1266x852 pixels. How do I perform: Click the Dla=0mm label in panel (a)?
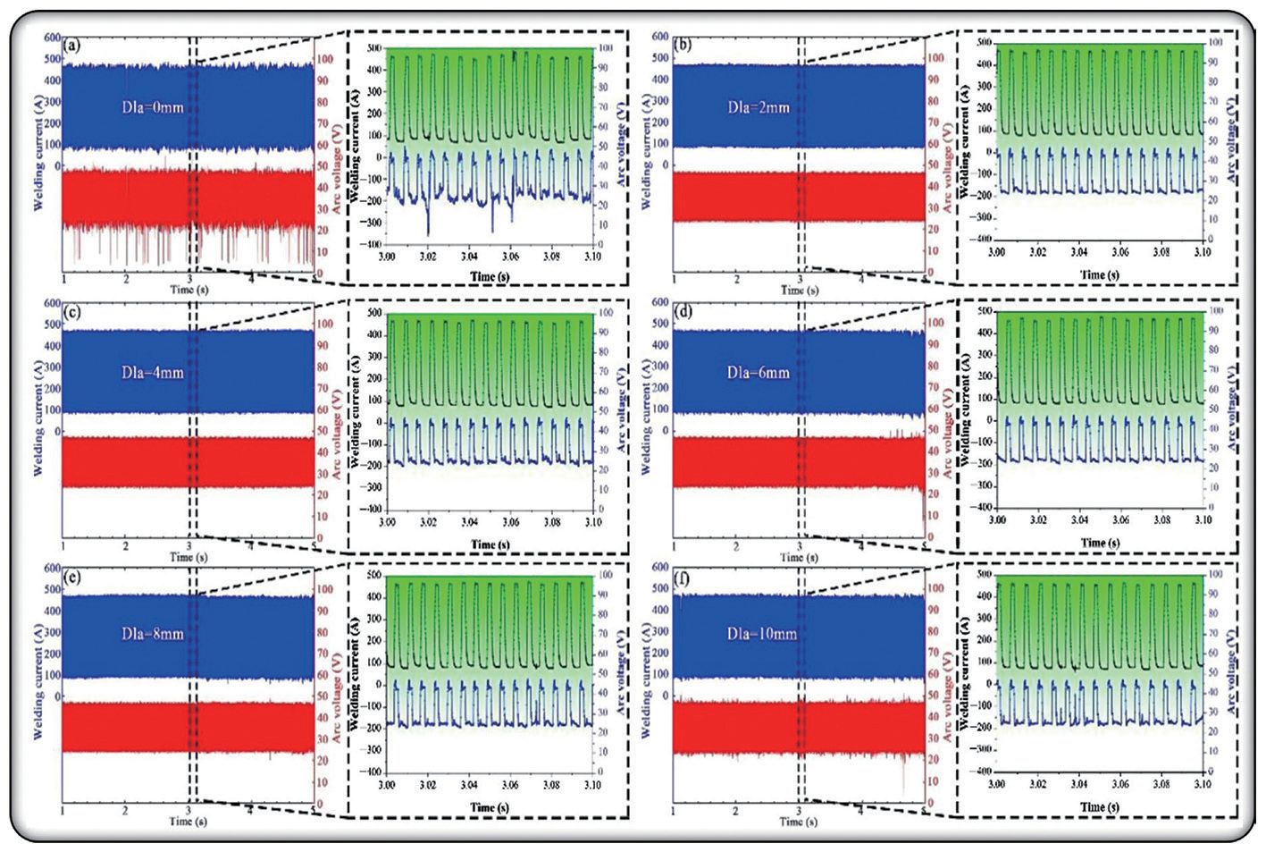click(153, 107)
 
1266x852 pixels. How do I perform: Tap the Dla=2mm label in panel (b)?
click(759, 107)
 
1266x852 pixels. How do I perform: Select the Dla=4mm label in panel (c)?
click(153, 372)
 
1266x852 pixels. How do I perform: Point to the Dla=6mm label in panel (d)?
click(759, 372)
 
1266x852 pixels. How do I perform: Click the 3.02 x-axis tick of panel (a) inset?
click(428, 257)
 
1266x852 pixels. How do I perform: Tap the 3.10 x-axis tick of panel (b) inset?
click(1203, 252)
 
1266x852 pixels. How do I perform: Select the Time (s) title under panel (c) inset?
click(490, 544)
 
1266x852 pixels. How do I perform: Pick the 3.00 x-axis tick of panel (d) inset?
click(997, 519)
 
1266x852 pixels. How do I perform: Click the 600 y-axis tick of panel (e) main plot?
click(50, 567)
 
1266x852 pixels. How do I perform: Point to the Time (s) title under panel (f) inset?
click(1099, 806)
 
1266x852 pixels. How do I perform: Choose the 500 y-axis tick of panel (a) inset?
click(373, 47)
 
